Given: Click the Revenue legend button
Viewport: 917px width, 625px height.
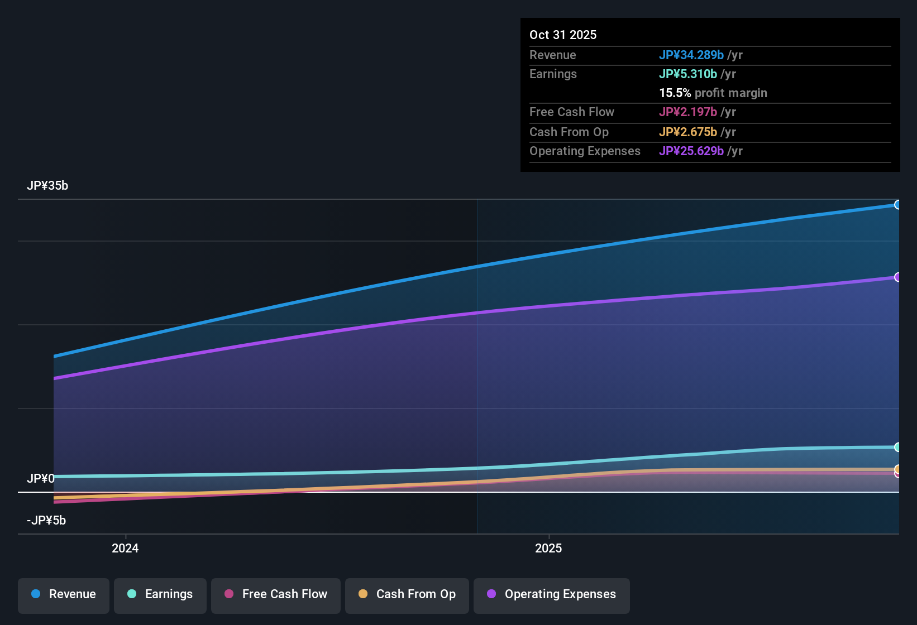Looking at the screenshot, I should point(64,594).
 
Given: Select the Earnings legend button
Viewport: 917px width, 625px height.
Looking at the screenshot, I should point(160,594).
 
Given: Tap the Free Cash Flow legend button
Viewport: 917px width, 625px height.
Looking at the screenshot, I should point(276,594).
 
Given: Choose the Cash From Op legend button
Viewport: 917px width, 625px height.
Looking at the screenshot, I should point(407,594).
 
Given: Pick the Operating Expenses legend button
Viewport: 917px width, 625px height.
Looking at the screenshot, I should point(552,594).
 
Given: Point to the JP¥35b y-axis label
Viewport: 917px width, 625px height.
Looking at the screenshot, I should point(47,186).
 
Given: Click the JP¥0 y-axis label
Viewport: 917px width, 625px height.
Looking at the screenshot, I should point(41,479).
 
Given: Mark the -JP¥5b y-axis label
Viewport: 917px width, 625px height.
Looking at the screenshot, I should point(46,521).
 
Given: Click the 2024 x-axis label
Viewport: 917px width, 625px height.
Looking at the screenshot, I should point(125,549).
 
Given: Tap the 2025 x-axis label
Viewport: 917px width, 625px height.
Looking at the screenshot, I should point(548,549).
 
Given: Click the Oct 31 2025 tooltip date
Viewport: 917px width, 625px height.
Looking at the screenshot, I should point(563,35).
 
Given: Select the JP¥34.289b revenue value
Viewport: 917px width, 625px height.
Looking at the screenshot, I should point(691,55).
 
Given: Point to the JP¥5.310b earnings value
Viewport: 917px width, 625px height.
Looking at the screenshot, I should point(687,74).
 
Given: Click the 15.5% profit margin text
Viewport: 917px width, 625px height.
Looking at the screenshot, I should point(713,93).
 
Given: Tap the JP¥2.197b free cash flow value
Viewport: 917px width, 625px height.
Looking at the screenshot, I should point(687,112).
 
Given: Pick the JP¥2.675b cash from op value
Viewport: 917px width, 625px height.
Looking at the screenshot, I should point(687,132).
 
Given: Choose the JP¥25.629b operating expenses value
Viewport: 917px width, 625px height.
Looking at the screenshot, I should point(691,151).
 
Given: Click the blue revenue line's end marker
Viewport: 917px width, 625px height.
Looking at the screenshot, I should point(897,205).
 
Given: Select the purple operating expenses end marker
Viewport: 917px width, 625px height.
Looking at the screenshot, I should point(897,277).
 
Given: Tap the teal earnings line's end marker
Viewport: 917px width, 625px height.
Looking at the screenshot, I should point(897,447).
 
